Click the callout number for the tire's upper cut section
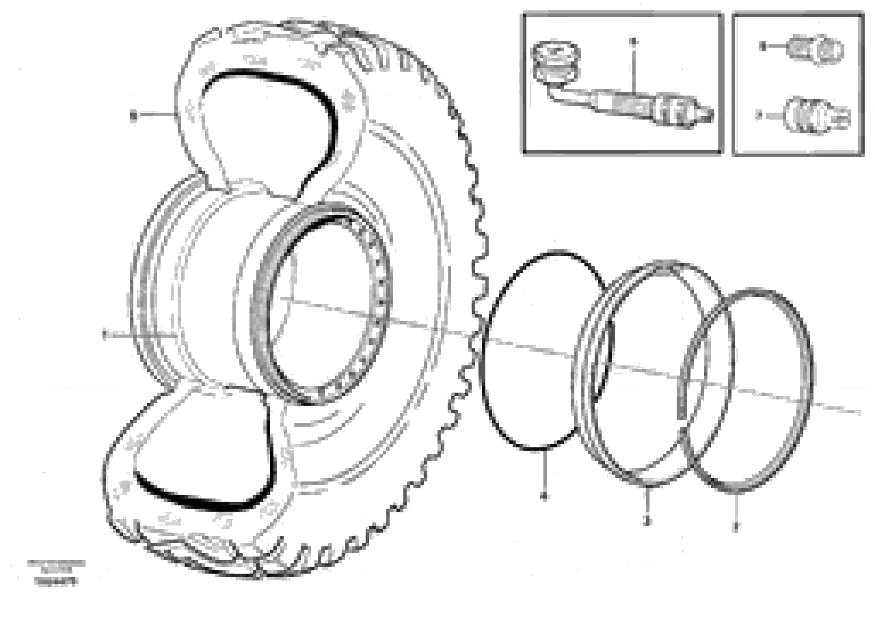(133, 115)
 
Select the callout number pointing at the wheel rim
(104, 335)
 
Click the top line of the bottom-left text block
(56, 562)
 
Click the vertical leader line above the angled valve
(633, 69)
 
